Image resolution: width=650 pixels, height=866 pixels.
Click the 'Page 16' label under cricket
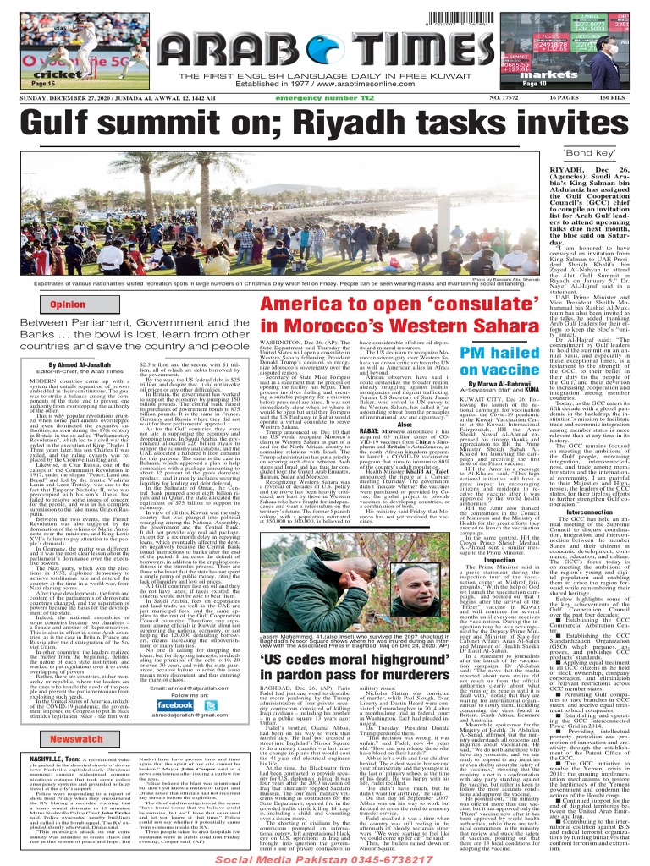pyautogui.click(x=42, y=85)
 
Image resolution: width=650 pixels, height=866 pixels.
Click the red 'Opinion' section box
pyautogui.click(x=69, y=304)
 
